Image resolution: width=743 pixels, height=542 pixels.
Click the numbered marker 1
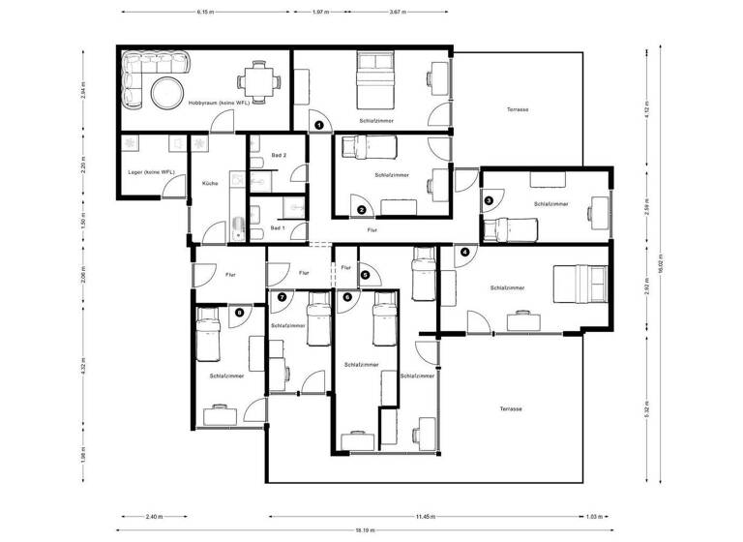coord(318,125)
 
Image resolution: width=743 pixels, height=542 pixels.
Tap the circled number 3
coord(489,200)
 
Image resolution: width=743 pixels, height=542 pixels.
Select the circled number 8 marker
coord(240,312)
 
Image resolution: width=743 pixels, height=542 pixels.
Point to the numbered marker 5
coord(365,275)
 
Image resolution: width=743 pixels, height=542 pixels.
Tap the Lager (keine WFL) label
coord(151,172)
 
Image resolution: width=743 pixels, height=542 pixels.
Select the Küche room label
coord(210,182)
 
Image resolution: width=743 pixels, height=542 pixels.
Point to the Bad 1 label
coord(278,228)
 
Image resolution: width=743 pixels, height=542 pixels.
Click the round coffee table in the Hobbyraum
coord(164,92)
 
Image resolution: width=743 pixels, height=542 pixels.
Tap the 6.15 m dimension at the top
coord(205,13)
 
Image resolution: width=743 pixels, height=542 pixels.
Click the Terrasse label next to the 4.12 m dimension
coord(518,109)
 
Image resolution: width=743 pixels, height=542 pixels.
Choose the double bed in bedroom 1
coord(372,80)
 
